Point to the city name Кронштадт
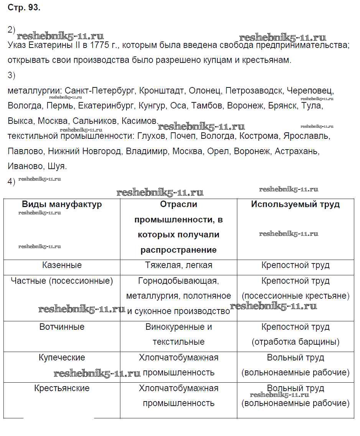pyautogui.click(x=161, y=91)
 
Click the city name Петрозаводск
pyautogui.click(x=254, y=91)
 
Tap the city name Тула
pyautogui.click(x=312, y=105)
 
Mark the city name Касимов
pyautogui.click(x=140, y=121)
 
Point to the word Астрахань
pyautogui.click(x=296, y=151)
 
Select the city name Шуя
pyautogui.click(x=57, y=166)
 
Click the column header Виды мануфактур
pyautogui.click(x=62, y=204)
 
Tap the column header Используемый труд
pyautogui.click(x=295, y=204)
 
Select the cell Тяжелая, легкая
pyautogui.click(x=178, y=265)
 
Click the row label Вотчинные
pyautogui.click(x=62, y=327)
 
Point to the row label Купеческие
pyautogui.click(x=62, y=357)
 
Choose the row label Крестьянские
pyautogui.click(x=62, y=388)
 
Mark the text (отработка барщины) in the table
pyautogui.click(x=295, y=342)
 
